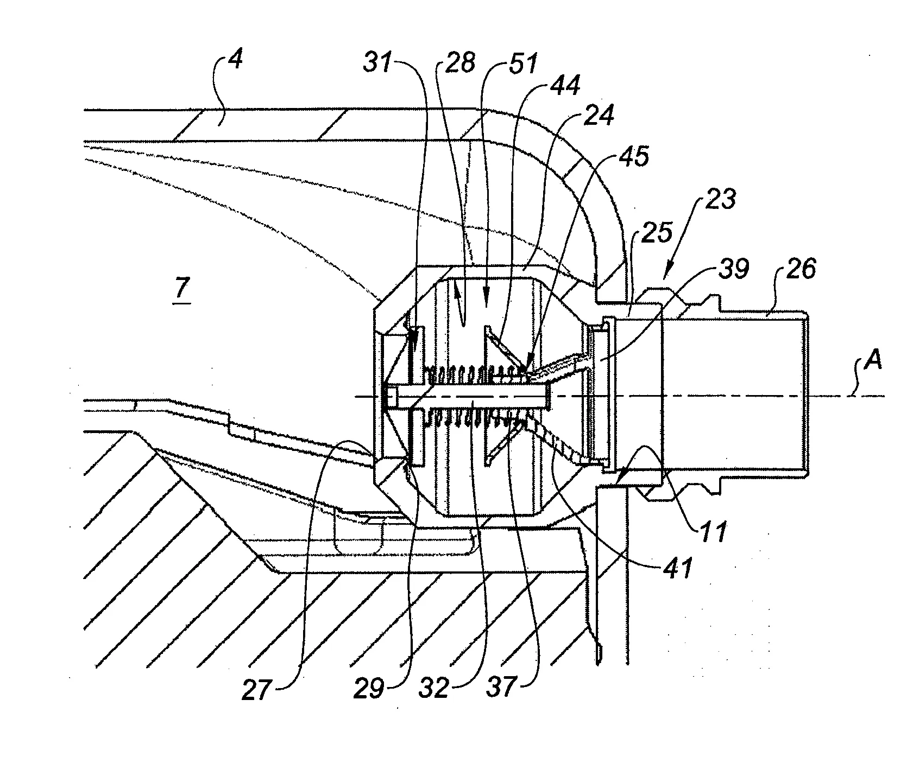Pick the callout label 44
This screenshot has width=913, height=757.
pos(565,86)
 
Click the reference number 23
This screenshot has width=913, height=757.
pos(721,199)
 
